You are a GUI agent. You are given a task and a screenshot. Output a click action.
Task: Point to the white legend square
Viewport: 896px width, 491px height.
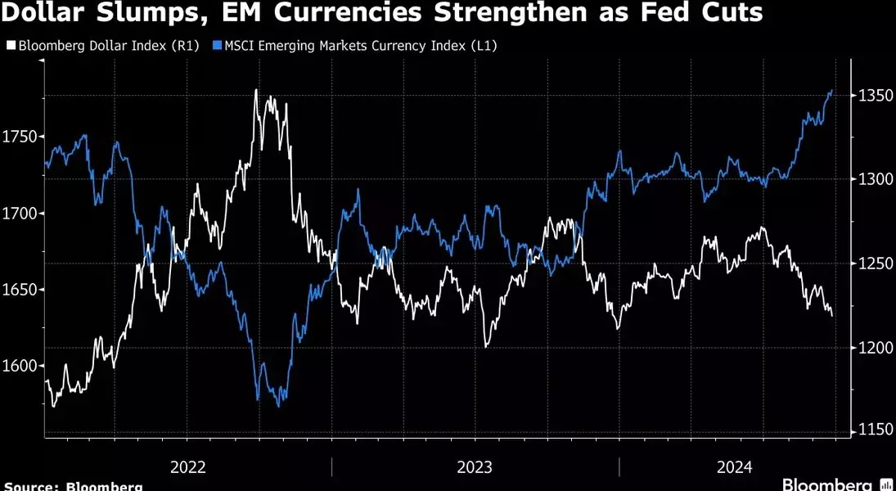[9, 46]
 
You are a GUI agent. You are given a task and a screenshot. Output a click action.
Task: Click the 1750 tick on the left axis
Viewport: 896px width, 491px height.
[20, 137]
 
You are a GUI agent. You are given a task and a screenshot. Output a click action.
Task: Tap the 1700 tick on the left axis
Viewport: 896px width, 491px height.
[20, 214]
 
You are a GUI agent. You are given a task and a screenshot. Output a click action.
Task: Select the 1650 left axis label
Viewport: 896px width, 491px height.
[20, 290]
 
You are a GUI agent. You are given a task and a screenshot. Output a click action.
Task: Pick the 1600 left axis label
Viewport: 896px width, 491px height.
[20, 366]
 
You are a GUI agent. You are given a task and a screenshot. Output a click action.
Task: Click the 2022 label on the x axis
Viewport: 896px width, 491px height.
[187, 467]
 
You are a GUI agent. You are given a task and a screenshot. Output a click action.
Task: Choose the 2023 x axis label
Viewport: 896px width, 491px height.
[475, 467]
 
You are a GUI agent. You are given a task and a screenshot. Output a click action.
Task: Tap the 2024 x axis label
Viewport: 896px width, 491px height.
[734, 467]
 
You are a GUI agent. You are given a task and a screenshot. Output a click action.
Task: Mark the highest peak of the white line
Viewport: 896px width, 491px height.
[256, 89]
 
